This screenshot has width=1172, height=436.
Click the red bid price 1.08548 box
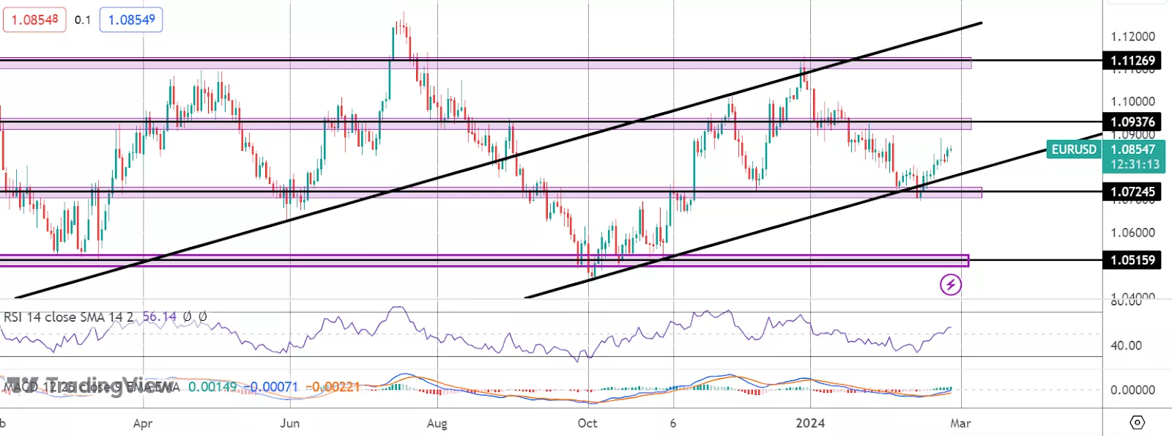pyautogui.click(x=34, y=20)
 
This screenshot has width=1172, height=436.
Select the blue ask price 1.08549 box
pyautogui.click(x=131, y=20)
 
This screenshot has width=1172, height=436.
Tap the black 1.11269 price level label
pyautogui.click(x=1132, y=61)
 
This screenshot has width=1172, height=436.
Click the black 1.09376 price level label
pyautogui.click(x=1132, y=122)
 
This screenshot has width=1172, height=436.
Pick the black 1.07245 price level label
pyautogui.click(x=1132, y=192)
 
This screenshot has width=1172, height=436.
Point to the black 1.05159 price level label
pyautogui.click(x=1132, y=260)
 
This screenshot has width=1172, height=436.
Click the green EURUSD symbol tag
pyautogui.click(x=1073, y=149)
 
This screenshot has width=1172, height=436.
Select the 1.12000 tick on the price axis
pyautogui.click(x=1132, y=37)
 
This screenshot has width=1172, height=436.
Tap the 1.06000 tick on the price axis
pyautogui.click(x=1132, y=233)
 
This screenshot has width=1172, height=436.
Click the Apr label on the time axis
pyautogui.click(x=143, y=424)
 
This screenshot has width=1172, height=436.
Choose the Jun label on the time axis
pyautogui.click(x=290, y=424)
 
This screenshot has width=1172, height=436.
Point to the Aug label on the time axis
pyautogui.click(x=437, y=424)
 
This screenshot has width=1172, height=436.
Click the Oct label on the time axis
pyautogui.click(x=587, y=424)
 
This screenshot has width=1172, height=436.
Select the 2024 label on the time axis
pyautogui.click(x=810, y=424)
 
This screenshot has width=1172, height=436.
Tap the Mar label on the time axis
pyautogui.click(x=960, y=424)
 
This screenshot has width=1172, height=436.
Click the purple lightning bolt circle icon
pyautogui.click(x=951, y=284)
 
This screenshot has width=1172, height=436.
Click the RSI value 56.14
pyautogui.click(x=159, y=317)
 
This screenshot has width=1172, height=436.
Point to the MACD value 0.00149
pyautogui.click(x=212, y=386)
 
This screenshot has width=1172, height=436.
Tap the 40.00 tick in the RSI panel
pyautogui.click(x=1126, y=345)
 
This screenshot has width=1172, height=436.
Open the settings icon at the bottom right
pyautogui.click(x=1137, y=422)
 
